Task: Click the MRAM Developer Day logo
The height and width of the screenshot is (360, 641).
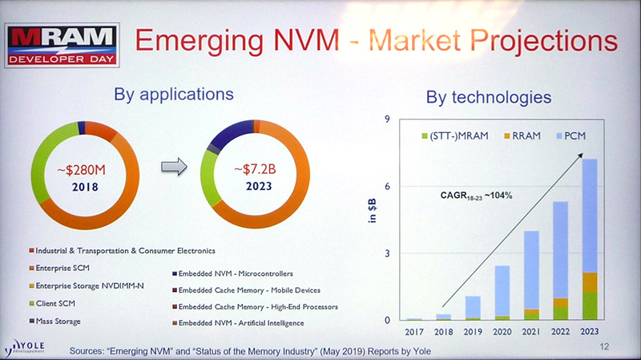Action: click(62, 44)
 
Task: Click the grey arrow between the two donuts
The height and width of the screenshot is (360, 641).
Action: click(174, 166)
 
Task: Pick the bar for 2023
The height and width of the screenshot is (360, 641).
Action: click(589, 241)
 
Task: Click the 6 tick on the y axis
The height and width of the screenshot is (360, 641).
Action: click(387, 186)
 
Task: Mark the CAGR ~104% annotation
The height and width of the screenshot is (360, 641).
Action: click(477, 194)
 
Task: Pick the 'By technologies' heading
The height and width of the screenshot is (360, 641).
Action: click(488, 98)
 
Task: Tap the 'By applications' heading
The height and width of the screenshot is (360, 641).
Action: click(174, 94)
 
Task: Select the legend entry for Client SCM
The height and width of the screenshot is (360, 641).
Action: click(58, 304)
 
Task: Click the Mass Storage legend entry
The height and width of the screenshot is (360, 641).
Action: click(61, 322)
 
